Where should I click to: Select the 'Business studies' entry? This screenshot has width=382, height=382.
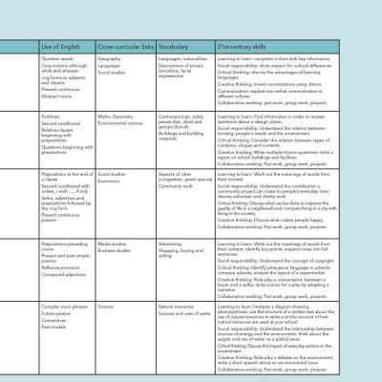(115, 250)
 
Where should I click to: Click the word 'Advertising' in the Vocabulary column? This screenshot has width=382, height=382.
(172, 244)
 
